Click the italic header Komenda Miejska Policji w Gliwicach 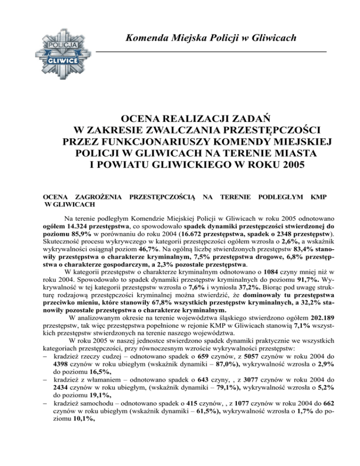(210, 38)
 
